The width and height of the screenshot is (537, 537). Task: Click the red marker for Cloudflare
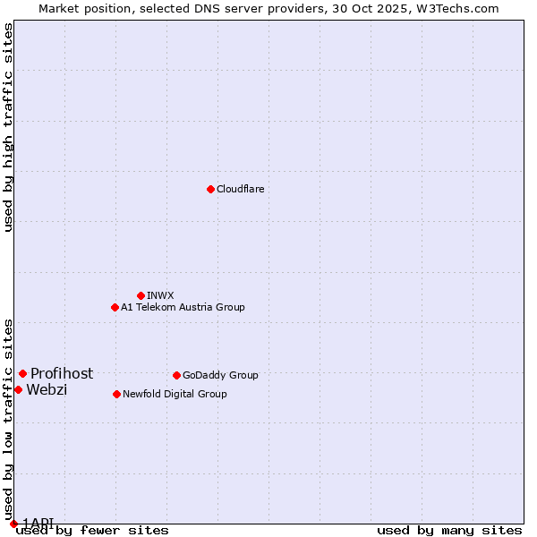point(210,189)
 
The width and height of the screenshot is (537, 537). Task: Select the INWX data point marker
point(141,295)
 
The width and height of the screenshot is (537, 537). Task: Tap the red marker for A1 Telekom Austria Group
point(115,307)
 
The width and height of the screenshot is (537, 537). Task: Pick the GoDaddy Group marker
point(176,375)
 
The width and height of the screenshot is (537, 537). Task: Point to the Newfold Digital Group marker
point(116,394)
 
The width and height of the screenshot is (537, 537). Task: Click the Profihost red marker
point(22,373)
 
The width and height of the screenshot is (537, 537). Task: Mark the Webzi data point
point(18,389)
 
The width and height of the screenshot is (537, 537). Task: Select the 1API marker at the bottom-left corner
point(13,524)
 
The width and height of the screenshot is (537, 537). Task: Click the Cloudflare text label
point(240,189)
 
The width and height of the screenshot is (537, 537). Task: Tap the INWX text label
point(160,295)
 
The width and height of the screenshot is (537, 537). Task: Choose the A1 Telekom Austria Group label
point(183,307)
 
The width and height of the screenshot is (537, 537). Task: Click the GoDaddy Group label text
point(220,375)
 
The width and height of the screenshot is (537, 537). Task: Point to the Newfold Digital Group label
point(175,394)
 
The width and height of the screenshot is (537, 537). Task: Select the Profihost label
point(62,373)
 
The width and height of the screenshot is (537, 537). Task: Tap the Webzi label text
point(47,389)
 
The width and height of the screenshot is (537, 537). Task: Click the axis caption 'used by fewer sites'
point(92,531)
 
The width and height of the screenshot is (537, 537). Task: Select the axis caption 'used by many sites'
point(449,531)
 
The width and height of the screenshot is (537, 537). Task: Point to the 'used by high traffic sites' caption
point(9,127)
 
